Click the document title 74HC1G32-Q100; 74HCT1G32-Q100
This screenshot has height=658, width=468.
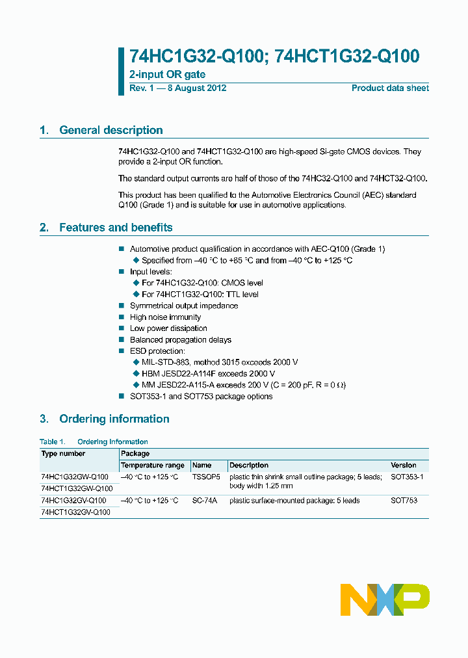pos(274,57)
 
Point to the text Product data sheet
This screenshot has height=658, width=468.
pos(390,88)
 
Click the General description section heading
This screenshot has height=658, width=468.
pos(110,130)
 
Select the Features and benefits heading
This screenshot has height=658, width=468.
pos(116,228)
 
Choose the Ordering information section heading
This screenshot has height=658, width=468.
pos(114,419)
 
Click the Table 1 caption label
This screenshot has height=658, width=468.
pos(94,441)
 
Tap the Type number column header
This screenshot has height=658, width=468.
pos(63,453)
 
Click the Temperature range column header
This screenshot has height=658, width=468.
pos(152,466)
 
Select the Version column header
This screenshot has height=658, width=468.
pos(404,466)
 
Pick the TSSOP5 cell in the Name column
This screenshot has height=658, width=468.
pos(206,477)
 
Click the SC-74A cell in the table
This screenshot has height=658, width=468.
pos(205,501)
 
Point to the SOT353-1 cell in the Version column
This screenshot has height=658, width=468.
pos(406,477)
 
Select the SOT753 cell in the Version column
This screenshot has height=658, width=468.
pos(404,501)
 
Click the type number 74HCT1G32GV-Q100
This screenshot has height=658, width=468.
pos(75,512)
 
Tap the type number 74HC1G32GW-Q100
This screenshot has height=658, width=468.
pos(75,477)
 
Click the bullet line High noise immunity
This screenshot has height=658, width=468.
pos(165,317)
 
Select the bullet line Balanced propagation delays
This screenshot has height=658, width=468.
pos(180,340)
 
